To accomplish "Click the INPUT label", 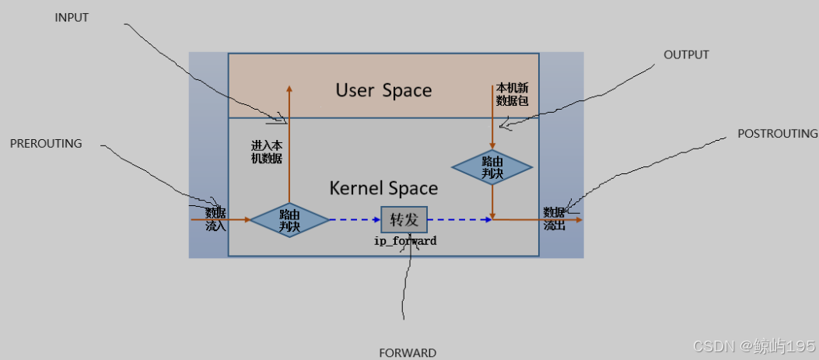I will click(x=72, y=18).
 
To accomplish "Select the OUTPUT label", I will click(x=686, y=55).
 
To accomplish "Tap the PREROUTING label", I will click(x=46, y=144).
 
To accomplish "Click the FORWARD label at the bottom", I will click(x=408, y=352).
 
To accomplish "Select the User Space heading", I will click(x=383, y=90).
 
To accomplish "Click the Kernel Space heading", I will click(x=383, y=188).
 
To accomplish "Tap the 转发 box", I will click(x=404, y=220).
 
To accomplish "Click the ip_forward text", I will click(x=404, y=241).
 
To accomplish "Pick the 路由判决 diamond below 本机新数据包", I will click(x=492, y=168).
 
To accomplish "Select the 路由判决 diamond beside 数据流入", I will click(x=289, y=220).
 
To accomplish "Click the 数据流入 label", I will click(x=215, y=219).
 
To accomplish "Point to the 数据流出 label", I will click(x=554, y=219).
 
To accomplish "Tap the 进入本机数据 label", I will click(x=266, y=152).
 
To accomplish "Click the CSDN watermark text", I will click(x=753, y=344).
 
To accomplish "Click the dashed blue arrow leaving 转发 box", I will click(x=459, y=220).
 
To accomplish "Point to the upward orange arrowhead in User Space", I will click(x=289, y=88).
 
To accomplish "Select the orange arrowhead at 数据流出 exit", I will click(x=578, y=220).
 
